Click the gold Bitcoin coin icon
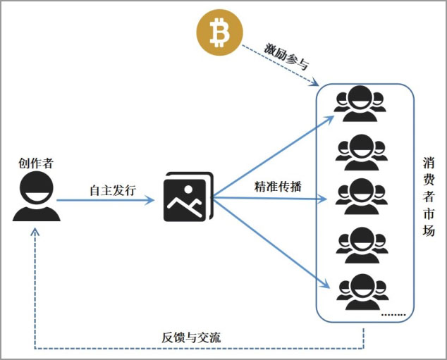219,32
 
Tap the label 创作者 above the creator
36,163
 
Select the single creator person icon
37,197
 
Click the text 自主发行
113,190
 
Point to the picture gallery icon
188,197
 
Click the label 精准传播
278,187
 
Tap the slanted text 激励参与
286,56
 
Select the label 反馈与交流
191,337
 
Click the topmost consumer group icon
360,104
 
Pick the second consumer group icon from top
362,152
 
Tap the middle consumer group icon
362,197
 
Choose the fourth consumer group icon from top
362,245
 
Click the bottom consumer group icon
362,292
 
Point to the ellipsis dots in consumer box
393,315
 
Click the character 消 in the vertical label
429,163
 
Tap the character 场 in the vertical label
429,230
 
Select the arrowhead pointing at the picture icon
149,200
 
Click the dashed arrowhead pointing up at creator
35,231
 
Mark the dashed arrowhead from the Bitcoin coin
314,82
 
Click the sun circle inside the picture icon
188,189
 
